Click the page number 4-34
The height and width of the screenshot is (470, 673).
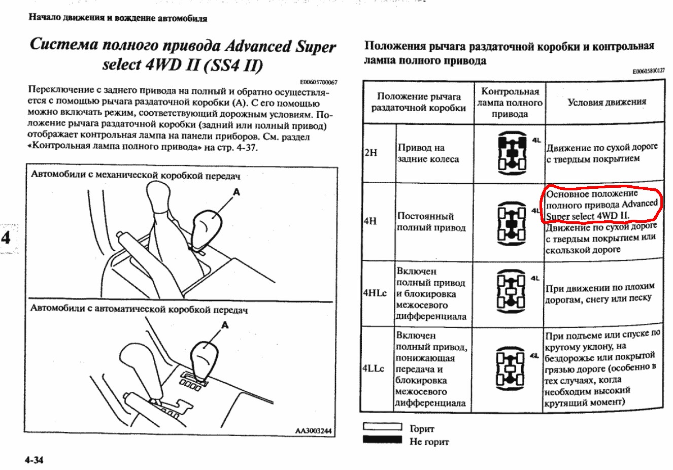click(34, 460)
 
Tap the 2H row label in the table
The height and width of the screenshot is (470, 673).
click(371, 152)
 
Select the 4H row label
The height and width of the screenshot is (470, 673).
click(371, 221)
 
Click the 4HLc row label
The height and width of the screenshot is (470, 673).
click(375, 293)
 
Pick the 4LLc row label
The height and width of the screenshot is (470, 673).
click(374, 368)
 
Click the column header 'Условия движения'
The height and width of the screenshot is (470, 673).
click(607, 102)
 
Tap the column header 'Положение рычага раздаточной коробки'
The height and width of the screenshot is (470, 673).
click(419, 102)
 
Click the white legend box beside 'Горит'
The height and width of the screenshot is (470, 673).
click(382, 427)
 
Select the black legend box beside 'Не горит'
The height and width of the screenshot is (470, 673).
click(382, 440)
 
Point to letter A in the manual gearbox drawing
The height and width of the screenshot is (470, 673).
click(236, 192)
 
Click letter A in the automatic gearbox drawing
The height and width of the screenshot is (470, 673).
click(225, 325)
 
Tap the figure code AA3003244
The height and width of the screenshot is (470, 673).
click(313, 431)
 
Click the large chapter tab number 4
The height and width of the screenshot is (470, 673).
click(6, 238)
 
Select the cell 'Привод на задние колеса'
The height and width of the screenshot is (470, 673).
click(428, 153)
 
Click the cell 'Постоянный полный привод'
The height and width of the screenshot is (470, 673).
click(430, 222)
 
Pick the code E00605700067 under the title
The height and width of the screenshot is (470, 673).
click(318, 82)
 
